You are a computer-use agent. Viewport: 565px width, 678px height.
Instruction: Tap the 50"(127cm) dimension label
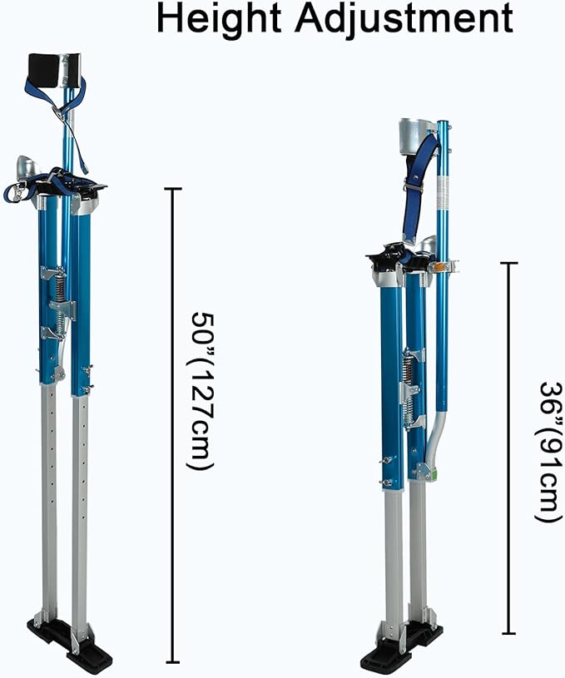pos(202,390)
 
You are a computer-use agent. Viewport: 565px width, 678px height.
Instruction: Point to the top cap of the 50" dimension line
pos(172,190)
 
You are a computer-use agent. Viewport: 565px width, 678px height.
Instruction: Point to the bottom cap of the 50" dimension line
pos(172,661)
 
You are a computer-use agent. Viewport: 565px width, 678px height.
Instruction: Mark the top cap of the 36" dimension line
pos(508,264)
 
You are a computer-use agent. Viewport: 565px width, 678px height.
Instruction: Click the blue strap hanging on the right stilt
pos(419,187)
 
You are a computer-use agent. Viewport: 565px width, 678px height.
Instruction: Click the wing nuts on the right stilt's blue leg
pos(385,470)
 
